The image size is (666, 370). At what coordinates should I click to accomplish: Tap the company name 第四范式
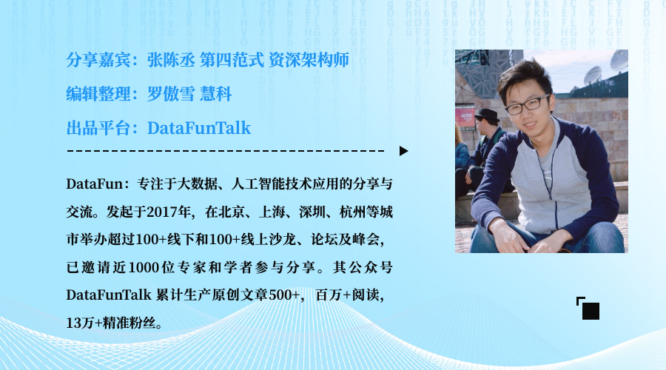pos(227,59)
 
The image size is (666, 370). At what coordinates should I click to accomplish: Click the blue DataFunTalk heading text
pos(199,128)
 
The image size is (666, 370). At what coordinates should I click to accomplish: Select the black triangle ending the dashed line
pos(403,151)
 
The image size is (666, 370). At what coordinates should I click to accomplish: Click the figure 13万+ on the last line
pos(81,323)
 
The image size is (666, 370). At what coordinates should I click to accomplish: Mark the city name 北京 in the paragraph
pos(229,211)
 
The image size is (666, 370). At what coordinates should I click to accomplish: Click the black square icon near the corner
pos(591,311)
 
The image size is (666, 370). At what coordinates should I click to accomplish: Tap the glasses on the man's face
pos(527,104)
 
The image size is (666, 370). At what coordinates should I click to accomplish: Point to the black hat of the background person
pos(487,115)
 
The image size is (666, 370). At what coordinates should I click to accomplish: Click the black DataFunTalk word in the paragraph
pos(109,295)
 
